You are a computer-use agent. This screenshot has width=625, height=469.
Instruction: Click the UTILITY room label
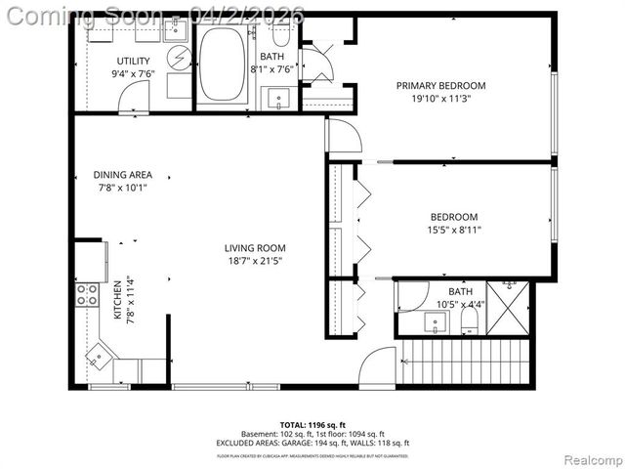coord(132,61)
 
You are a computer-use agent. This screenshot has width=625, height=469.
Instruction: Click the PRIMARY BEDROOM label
coord(440,86)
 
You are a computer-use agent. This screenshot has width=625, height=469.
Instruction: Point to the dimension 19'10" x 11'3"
coord(440,99)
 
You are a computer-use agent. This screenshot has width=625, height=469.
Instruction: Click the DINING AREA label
coord(122,176)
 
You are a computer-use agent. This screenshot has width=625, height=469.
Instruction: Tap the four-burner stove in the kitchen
coord(87,294)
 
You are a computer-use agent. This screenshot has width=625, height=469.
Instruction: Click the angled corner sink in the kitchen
coord(101,355)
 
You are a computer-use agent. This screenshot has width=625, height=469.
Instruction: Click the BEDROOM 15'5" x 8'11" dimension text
coord(454,230)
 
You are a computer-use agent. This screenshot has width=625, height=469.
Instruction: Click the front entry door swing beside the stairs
coord(376,369)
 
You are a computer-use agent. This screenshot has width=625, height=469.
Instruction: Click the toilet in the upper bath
coord(281,36)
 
